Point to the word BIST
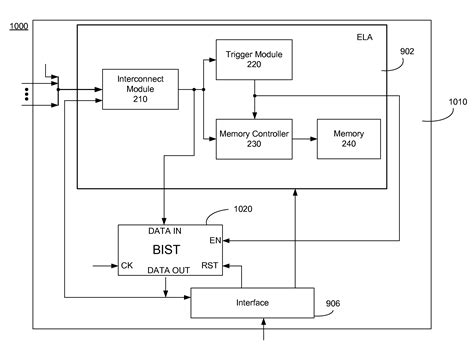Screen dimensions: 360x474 [166, 248]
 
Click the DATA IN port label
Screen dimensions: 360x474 [165, 231]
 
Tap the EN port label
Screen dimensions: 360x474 [215, 240]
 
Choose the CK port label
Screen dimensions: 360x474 [128, 266]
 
